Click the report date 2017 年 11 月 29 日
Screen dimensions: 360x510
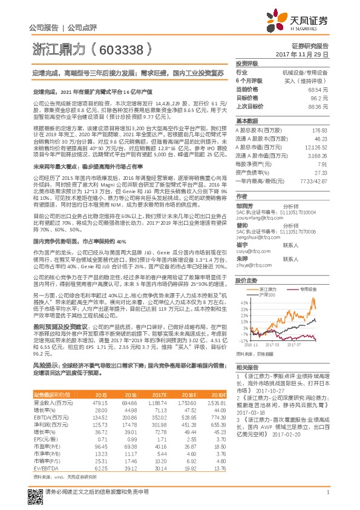click(302, 55)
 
